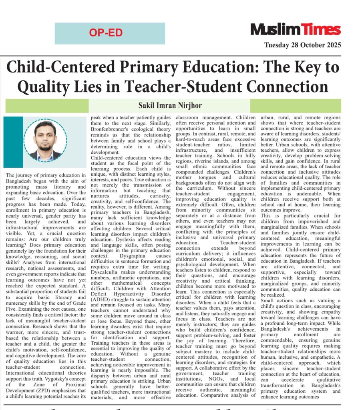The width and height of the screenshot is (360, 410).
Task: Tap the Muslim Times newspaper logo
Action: click(x=296, y=30)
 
